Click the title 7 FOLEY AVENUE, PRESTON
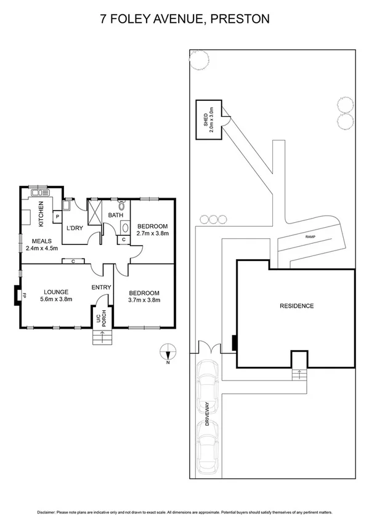[185, 19]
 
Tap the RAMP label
[309, 236]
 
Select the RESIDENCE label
[296, 306]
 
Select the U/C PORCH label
[100, 317]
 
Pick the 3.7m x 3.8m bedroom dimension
[144, 300]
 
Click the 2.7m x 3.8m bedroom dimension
[152, 234]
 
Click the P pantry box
[57, 217]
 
